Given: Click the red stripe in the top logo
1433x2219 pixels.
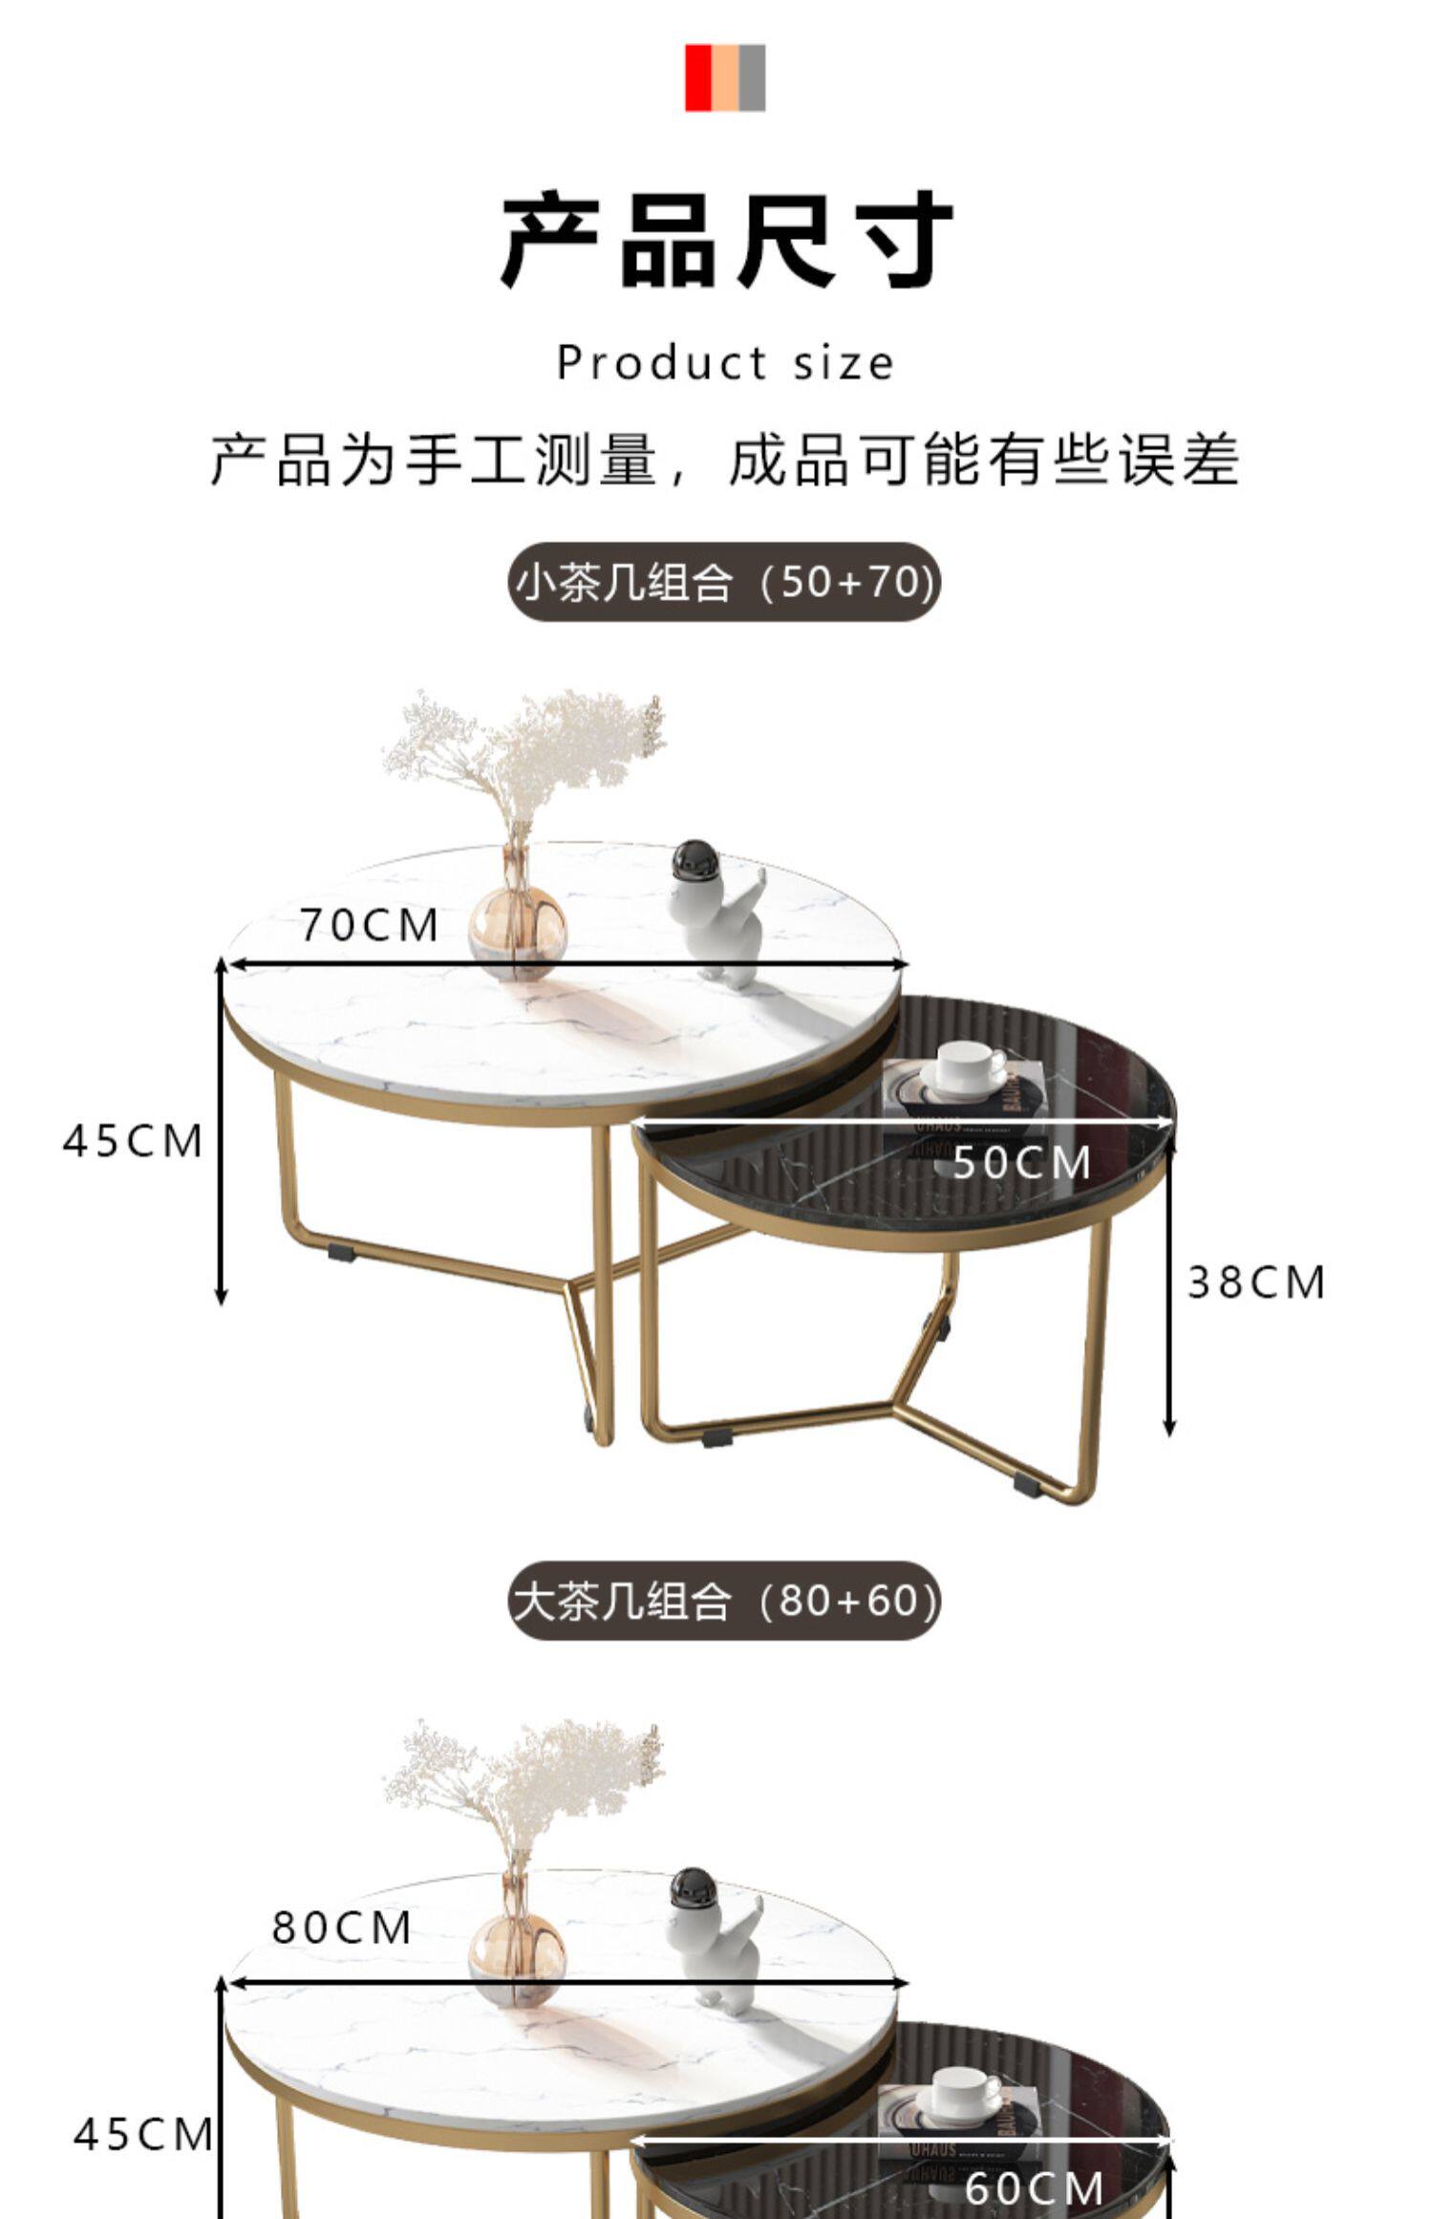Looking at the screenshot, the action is point(698,77).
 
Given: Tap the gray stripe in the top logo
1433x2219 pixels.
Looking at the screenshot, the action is point(752,77).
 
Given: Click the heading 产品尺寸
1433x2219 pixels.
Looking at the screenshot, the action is point(726,239).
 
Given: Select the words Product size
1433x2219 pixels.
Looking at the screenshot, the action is point(726,363).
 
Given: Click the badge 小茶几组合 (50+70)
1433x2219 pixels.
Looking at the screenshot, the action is point(724,582).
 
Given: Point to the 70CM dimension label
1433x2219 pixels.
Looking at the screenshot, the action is point(369,925).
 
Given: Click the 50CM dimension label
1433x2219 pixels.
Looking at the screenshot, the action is point(1022,1162).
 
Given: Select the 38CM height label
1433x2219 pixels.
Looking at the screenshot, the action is point(1256,1282).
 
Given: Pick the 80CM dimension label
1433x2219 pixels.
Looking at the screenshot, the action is point(342,1928).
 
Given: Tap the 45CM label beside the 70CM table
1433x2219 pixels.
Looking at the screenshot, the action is point(133,1141).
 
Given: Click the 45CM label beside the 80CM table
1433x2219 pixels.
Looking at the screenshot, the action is point(143,2134).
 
